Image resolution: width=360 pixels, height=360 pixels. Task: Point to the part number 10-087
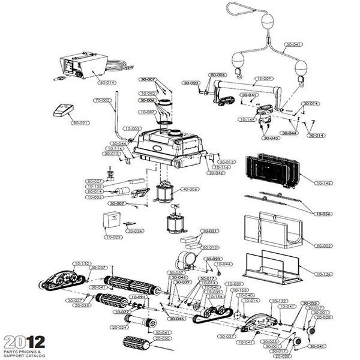point(148,112)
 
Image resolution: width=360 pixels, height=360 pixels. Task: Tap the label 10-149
point(247,119)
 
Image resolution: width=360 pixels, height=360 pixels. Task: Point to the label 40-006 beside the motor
point(190,190)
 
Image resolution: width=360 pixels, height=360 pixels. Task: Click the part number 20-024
point(119,327)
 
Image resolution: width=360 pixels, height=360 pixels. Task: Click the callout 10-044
point(223,264)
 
